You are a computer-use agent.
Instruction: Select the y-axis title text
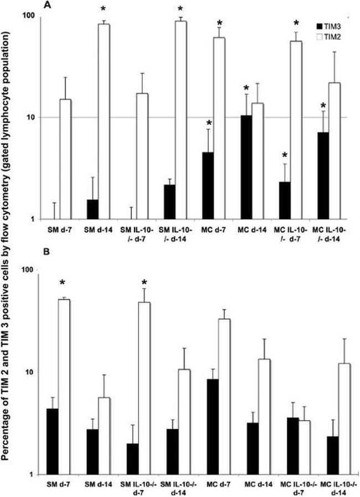[8, 249]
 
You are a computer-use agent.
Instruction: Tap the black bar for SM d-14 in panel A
[92, 209]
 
